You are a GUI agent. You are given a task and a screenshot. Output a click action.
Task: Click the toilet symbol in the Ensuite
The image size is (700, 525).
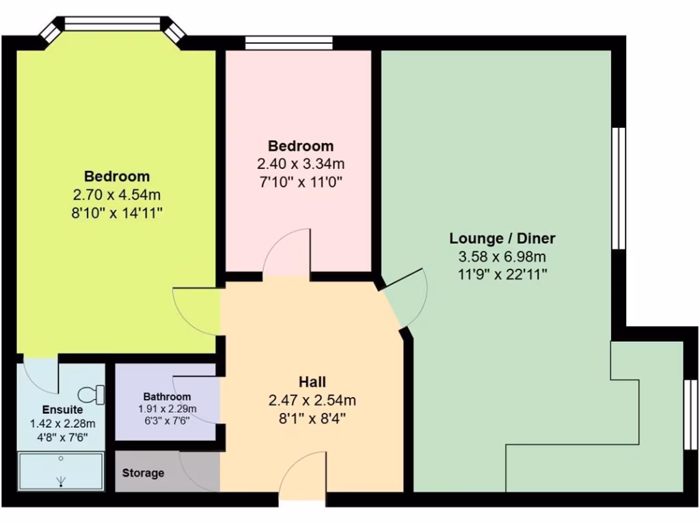[x=91, y=394]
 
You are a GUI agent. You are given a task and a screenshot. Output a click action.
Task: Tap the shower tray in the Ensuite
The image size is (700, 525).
[x=61, y=471]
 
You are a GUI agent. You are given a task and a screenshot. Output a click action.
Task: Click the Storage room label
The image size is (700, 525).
[x=143, y=473]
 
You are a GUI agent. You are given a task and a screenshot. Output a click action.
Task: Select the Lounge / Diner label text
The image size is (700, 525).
[x=502, y=239]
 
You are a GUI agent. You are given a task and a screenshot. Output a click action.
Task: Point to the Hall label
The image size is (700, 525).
[x=312, y=381]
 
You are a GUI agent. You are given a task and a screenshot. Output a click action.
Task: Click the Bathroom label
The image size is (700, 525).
[x=167, y=396]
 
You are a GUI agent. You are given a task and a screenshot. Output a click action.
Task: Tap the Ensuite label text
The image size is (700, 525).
[x=62, y=410]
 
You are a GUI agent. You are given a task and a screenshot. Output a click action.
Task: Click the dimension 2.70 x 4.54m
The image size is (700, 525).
[x=116, y=195]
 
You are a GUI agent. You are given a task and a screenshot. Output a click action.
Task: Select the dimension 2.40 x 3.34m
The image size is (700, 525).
[x=300, y=164]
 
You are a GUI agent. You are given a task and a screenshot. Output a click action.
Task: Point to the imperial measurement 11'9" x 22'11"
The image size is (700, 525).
[x=502, y=275]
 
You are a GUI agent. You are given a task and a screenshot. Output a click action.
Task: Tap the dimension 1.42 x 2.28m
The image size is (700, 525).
[x=62, y=424]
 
